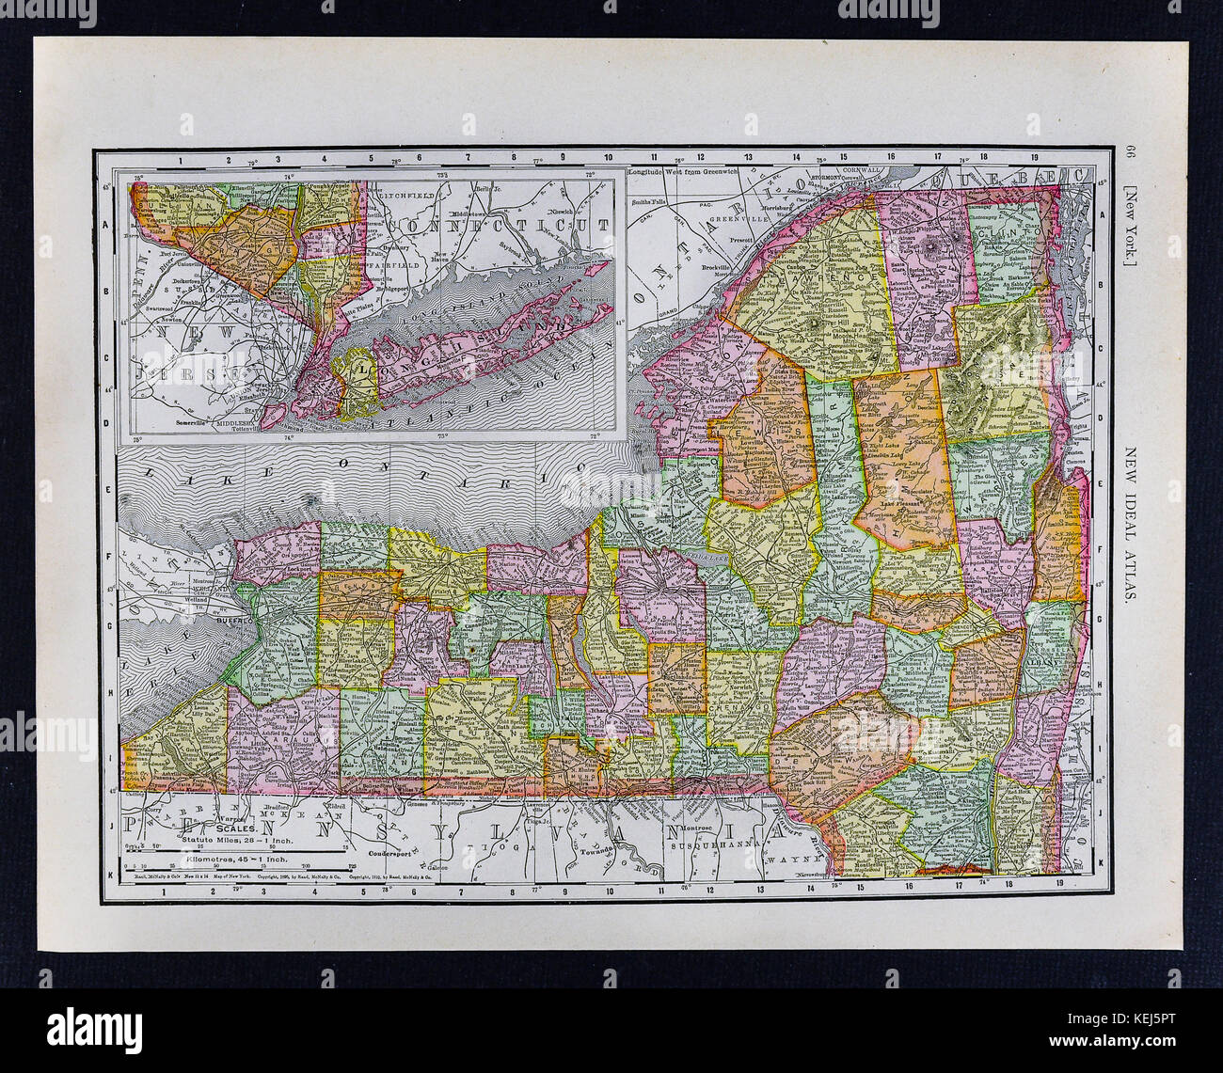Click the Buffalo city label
230,623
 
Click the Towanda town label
602,847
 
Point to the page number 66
1131,155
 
